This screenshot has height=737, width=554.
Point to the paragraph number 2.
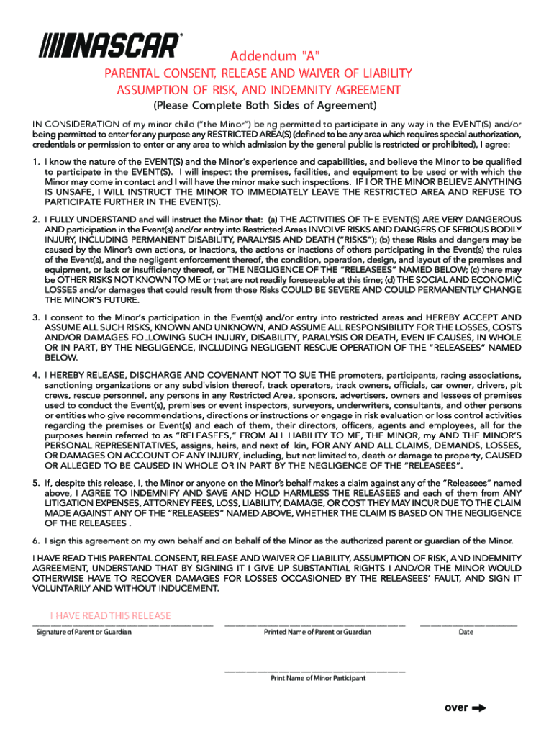pos(36,219)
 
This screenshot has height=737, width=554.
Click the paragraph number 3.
pos(36,317)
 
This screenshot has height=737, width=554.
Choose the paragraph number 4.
pos(36,375)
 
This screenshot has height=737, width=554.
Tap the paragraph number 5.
pos(36,482)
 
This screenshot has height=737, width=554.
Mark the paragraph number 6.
pos(36,541)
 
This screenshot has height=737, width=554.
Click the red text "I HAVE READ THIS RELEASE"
pos(111,615)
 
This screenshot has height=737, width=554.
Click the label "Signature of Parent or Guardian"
pos(84,632)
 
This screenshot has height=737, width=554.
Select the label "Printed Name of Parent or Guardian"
pos(317,632)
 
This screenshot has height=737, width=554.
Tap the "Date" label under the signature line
pos(466,632)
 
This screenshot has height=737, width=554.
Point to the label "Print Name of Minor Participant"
pos(317,678)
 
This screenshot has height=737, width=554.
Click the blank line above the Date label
pos(468,625)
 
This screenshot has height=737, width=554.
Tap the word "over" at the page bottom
pos(456,707)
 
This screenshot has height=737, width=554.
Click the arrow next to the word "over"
pos(478,707)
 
